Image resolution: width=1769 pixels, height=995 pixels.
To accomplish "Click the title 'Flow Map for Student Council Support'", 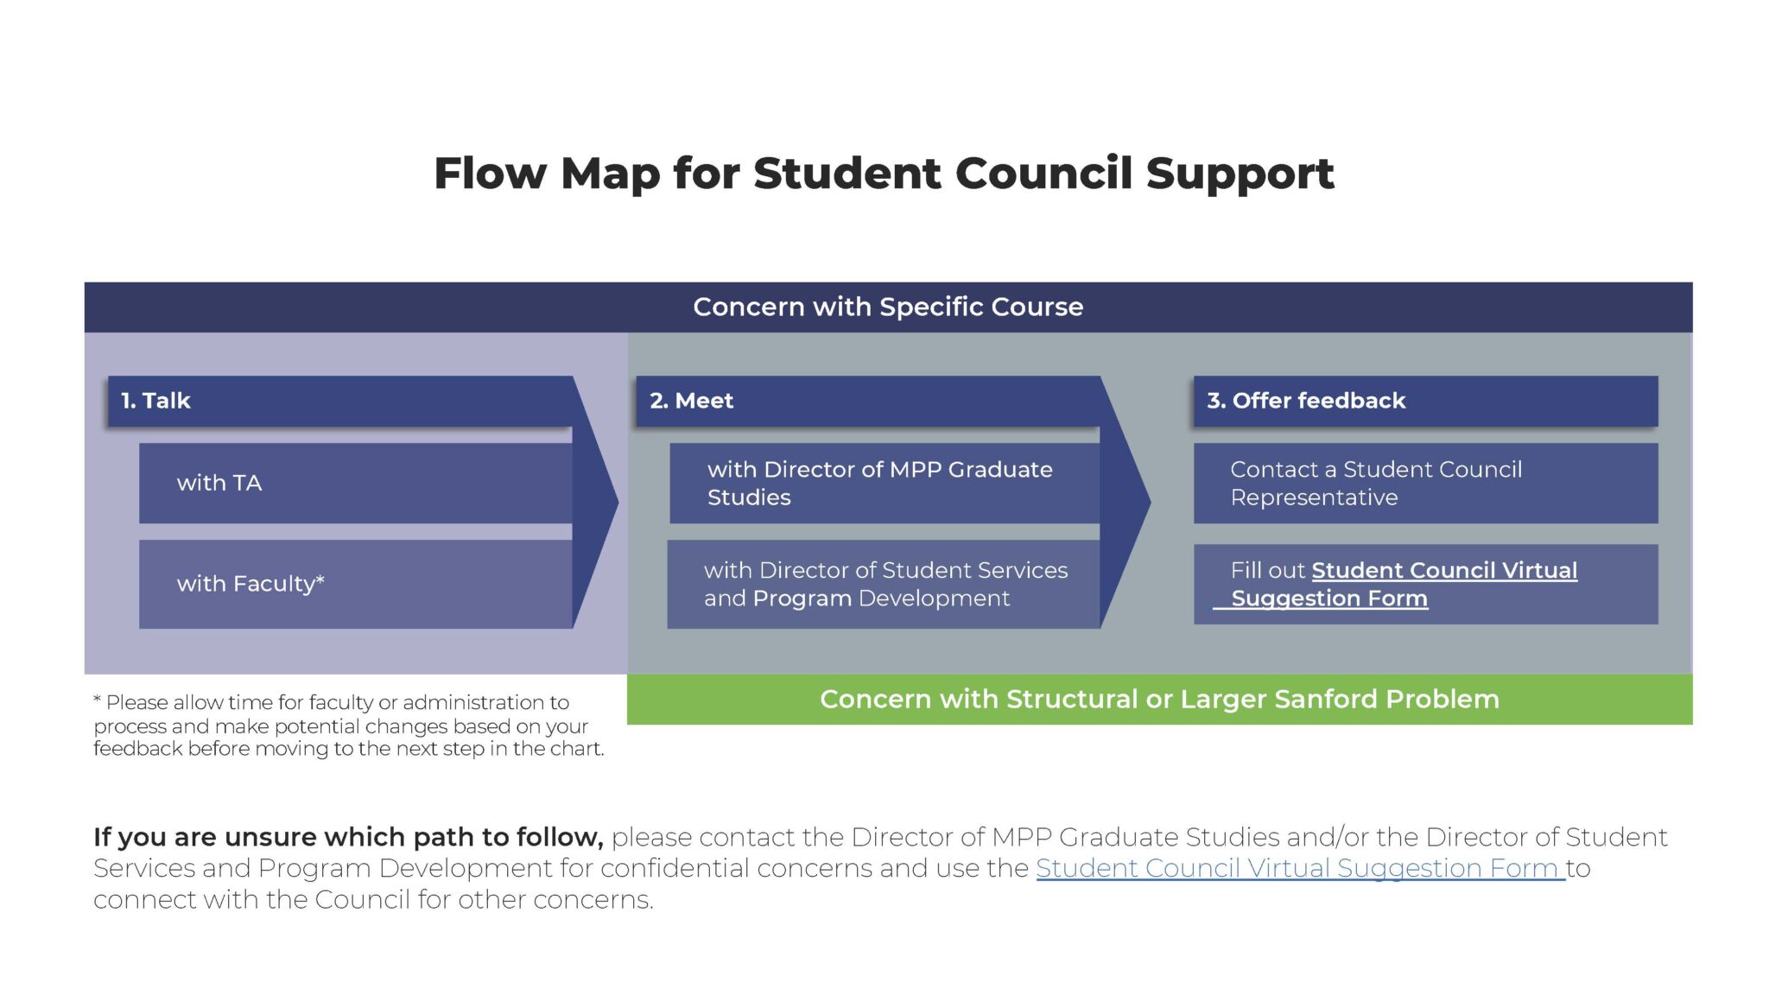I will [884, 173].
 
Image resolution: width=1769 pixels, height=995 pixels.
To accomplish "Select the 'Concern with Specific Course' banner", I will [888, 307].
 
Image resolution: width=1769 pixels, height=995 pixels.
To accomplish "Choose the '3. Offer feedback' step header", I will [1425, 401].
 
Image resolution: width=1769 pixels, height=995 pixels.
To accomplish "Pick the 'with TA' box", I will [355, 483].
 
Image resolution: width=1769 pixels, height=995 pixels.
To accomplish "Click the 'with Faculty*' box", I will [355, 584].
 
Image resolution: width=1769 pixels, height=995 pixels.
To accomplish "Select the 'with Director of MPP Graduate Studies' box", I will [884, 483].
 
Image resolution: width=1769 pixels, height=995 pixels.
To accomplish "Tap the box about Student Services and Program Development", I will [884, 584].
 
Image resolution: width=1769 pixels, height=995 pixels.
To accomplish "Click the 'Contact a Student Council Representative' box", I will [1425, 483].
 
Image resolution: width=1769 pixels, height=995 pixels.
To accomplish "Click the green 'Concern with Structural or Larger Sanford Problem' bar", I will [1159, 699].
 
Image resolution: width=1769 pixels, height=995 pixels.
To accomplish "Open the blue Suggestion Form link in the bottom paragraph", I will [1299, 868].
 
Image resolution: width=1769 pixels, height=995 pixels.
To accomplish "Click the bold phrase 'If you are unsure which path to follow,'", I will [348, 837].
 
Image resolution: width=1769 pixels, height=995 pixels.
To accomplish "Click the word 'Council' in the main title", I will [1043, 173].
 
